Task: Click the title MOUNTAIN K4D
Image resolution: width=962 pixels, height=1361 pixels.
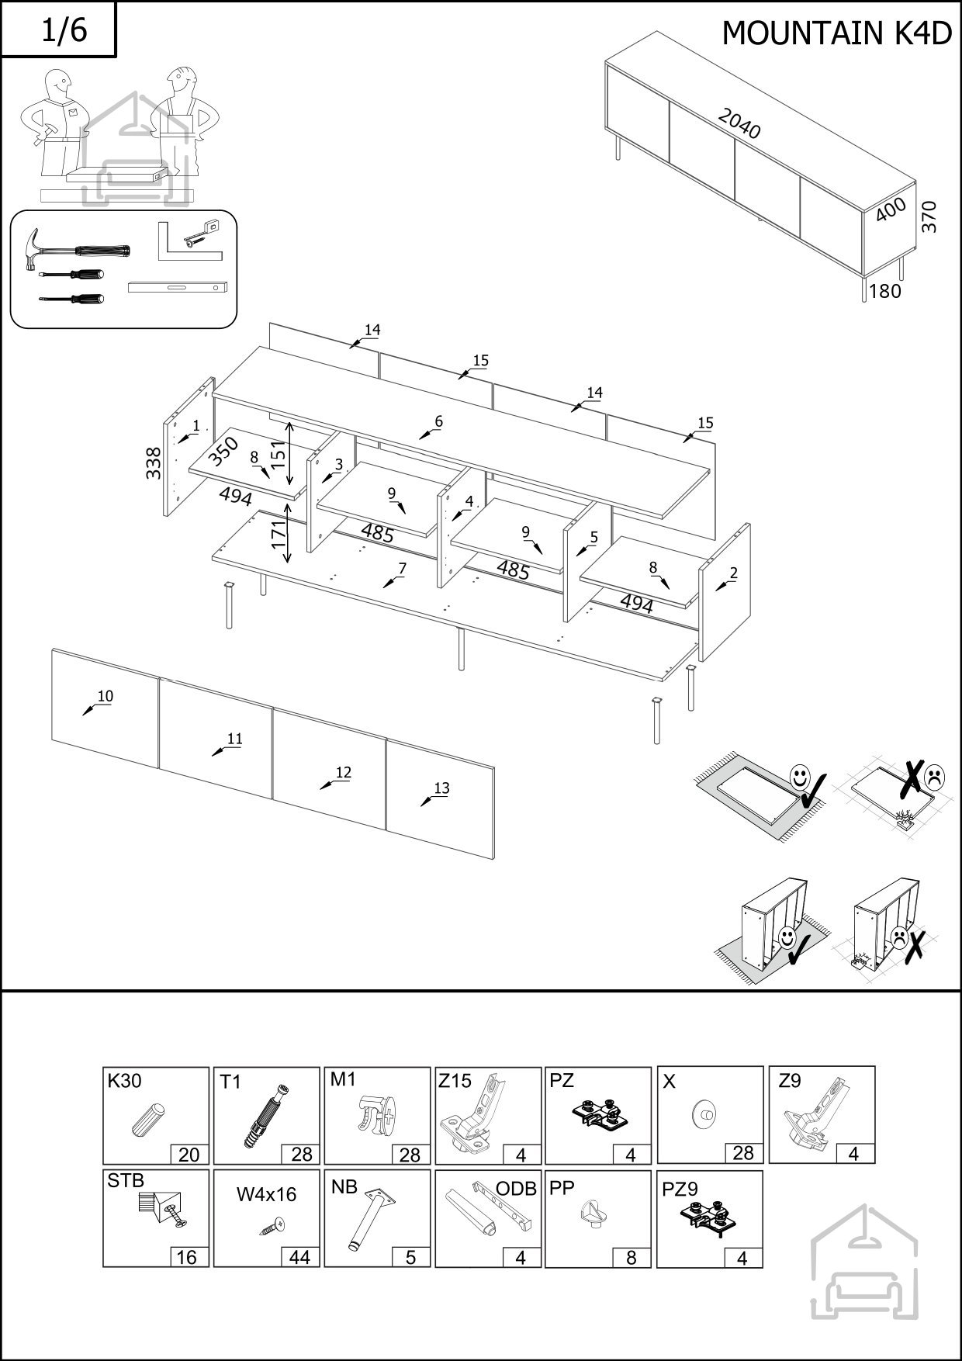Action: coord(836,33)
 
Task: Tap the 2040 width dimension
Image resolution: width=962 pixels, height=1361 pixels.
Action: coord(739,123)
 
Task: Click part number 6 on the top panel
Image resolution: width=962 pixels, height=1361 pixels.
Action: coord(438,422)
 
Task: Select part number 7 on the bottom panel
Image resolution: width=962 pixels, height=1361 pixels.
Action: coord(401,569)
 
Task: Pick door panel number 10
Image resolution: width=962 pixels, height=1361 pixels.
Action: coord(105,697)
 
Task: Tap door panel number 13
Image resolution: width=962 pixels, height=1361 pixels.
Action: coord(441,788)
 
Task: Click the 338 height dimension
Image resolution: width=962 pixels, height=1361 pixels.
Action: coord(154,463)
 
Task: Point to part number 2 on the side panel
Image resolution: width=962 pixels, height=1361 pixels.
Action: coord(733,573)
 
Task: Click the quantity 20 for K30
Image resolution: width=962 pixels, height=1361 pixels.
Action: coord(189,1155)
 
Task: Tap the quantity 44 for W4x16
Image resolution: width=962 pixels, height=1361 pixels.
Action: coord(299,1257)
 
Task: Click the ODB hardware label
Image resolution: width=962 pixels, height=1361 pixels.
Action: coord(516,1189)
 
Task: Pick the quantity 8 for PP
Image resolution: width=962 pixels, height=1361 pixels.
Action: coord(631,1257)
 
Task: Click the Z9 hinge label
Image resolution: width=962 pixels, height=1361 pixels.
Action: coord(790,1081)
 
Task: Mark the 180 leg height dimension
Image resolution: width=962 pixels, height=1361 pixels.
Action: coord(885,292)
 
